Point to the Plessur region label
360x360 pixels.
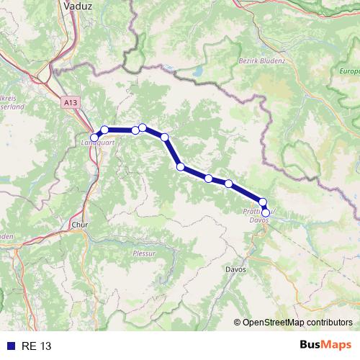pos(144,253)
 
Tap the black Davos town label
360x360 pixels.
pos(235,269)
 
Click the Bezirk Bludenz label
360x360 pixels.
pos(261,61)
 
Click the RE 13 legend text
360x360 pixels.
pos(36,346)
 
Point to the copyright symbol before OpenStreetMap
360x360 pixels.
pos(238,322)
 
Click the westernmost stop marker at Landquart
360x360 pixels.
pos(94,137)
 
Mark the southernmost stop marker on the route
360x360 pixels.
pos(266,212)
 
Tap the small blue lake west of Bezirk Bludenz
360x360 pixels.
pos(197,72)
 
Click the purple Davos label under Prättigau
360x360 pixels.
pos(259,220)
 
